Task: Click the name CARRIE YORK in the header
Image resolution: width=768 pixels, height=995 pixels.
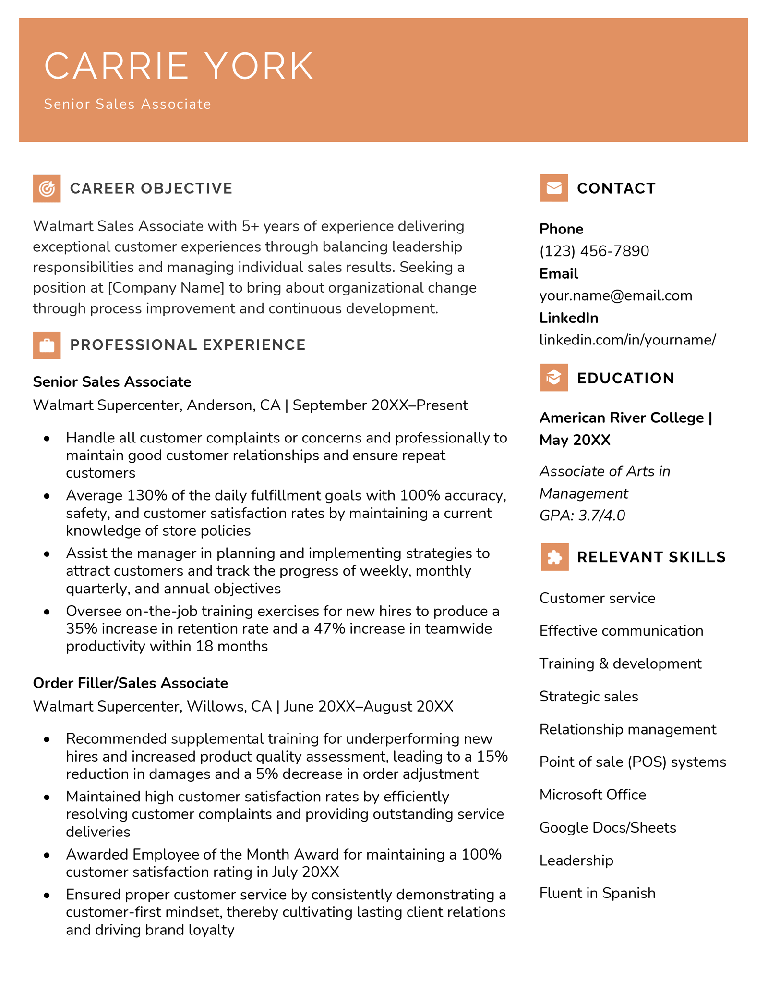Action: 179,66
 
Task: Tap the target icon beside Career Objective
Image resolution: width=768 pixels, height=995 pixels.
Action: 47,188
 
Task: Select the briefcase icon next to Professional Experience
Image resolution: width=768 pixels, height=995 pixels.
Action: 47,345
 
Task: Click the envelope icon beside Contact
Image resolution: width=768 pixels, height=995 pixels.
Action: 554,188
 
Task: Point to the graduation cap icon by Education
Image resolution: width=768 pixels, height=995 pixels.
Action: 554,378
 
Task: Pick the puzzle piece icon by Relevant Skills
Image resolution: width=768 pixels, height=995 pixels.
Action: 554,557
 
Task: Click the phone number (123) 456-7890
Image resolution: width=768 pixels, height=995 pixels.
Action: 594,251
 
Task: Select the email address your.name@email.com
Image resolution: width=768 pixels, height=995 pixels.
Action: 615,295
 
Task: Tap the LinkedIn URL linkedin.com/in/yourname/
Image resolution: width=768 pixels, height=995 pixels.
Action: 627,340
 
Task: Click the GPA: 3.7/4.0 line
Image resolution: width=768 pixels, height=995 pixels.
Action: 582,516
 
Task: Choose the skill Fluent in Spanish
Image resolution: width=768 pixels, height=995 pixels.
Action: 597,893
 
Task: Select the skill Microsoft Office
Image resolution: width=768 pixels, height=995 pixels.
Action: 592,795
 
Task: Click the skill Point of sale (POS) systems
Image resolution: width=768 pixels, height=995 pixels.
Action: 632,762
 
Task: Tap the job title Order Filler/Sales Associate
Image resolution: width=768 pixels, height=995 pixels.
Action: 130,683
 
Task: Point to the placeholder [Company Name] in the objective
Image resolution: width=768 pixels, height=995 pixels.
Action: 166,288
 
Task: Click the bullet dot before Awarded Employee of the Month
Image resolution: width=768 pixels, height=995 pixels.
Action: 47,856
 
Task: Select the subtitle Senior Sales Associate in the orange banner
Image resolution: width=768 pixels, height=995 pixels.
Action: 127,104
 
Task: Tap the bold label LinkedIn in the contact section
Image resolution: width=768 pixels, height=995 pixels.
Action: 568,318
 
